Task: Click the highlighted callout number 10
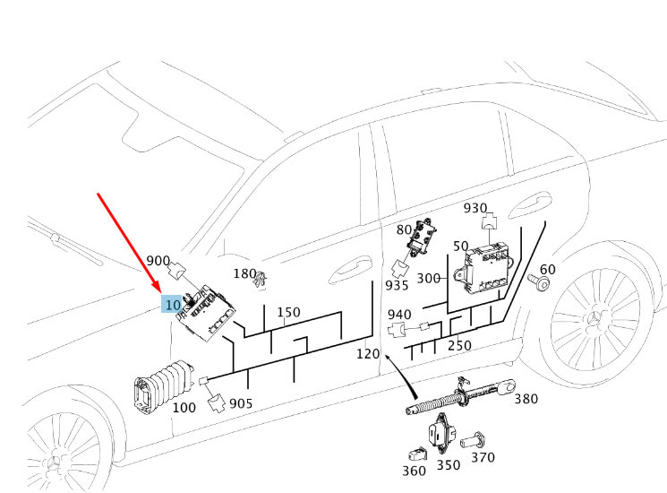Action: click(173, 305)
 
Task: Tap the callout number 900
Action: click(158, 261)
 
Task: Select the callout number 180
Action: click(244, 273)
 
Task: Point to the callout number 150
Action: click(288, 313)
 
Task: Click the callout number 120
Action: click(368, 353)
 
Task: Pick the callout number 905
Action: click(241, 403)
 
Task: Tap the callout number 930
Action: click(475, 208)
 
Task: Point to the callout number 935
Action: click(397, 285)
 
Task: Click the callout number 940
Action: click(399, 315)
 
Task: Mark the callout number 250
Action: click(459, 345)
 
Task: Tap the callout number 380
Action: click(526, 400)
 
